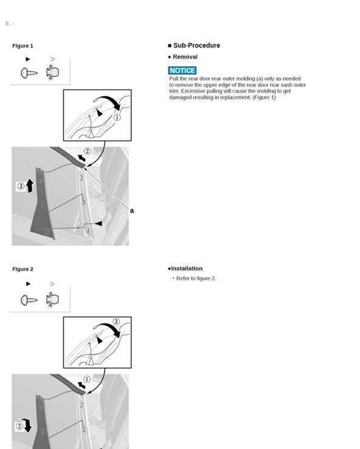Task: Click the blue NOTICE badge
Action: point(182,70)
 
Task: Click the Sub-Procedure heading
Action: point(196,45)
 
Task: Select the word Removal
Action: point(185,57)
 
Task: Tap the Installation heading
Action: point(187,269)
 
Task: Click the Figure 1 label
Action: point(22,46)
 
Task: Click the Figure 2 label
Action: point(22,269)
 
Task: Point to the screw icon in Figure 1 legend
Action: point(29,73)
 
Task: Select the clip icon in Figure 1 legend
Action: point(52,72)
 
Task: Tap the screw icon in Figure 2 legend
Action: point(29,300)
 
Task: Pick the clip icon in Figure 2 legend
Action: point(52,300)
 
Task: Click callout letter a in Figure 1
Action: point(132,211)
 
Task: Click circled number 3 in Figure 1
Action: point(21,186)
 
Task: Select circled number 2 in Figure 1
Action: point(88,151)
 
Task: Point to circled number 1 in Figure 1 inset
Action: point(117,117)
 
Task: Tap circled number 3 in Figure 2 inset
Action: point(116,321)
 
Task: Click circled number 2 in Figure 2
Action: point(19,426)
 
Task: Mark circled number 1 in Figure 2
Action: point(87,379)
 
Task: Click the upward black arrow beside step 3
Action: point(30,185)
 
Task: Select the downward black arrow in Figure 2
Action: point(28,425)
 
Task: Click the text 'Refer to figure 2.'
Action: point(196,278)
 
